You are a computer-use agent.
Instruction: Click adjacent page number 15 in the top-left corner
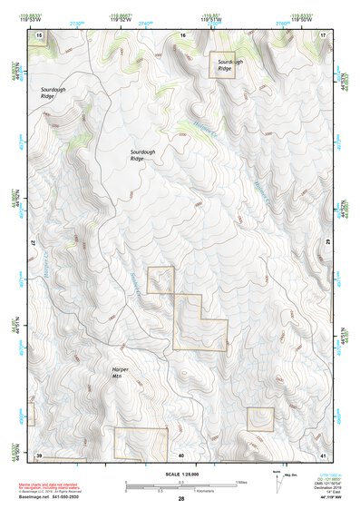(x=40, y=34)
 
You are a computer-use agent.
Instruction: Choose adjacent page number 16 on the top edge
(x=181, y=34)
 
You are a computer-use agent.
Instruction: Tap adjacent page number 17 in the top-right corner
(x=324, y=34)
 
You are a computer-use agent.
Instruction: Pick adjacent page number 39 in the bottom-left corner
(x=40, y=454)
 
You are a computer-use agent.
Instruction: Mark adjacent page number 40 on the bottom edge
(x=181, y=454)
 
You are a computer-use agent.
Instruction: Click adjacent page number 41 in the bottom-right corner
(x=324, y=454)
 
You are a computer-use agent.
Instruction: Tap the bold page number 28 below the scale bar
(x=181, y=500)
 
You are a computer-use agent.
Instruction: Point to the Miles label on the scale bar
(x=240, y=482)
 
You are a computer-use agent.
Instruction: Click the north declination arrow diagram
(x=276, y=477)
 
